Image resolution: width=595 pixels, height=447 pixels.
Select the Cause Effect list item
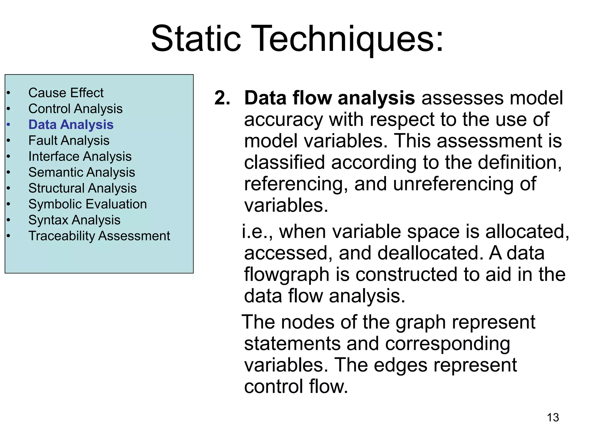point(66,93)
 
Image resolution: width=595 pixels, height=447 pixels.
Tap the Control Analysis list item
point(75,109)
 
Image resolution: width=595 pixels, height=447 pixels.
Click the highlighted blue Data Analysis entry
point(71,125)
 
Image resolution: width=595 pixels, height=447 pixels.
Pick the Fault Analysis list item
point(69,141)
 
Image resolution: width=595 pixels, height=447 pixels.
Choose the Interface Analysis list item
point(80,157)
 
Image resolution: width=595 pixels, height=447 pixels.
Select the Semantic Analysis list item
point(81,172)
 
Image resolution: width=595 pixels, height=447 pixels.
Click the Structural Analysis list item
point(82,188)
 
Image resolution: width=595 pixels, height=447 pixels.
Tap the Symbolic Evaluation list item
point(87,204)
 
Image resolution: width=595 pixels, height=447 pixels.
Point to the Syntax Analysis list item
point(74,220)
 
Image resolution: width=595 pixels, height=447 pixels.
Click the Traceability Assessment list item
point(99,236)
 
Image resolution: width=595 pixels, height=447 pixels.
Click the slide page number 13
point(553,417)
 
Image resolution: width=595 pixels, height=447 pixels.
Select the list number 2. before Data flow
point(222,98)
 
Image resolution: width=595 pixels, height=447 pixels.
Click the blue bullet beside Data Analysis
point(8,125)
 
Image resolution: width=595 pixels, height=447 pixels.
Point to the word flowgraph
point(286,275)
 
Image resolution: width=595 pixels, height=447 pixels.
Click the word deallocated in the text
point(427,253)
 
